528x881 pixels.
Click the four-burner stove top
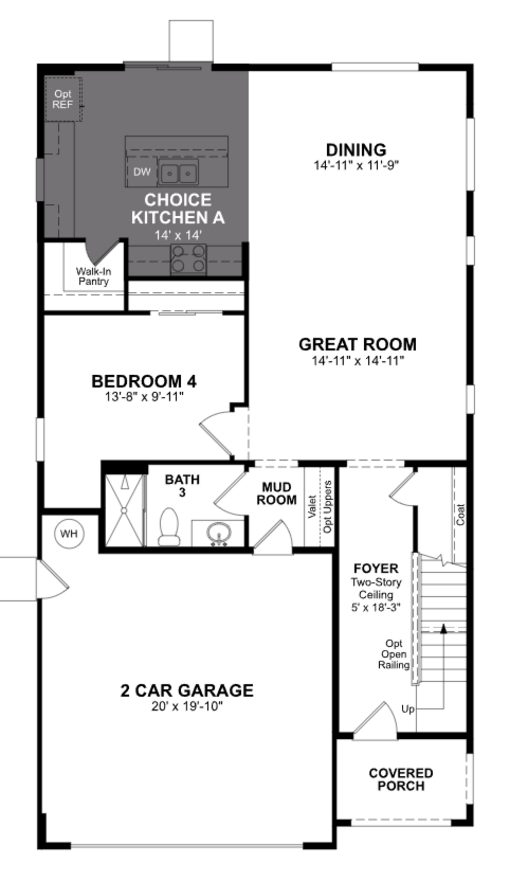coord(188,259)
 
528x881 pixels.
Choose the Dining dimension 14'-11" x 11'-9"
coord(356,166)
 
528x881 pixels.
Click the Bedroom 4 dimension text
coord(144,396)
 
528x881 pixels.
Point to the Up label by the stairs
coord(408,709)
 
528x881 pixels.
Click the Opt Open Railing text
coord(394,654)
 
